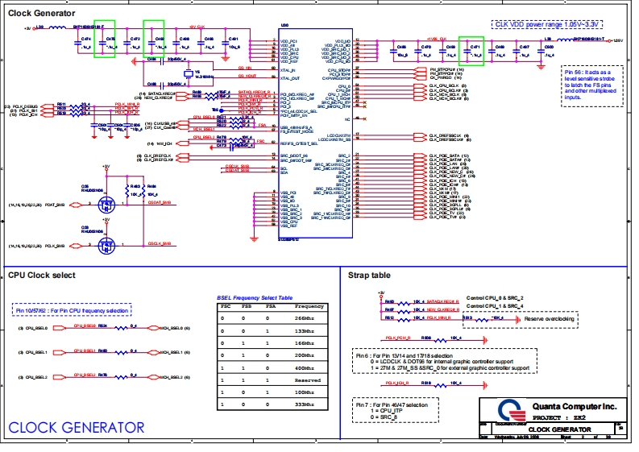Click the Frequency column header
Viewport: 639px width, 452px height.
point(309,306)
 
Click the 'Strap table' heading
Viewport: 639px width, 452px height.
point(370,276)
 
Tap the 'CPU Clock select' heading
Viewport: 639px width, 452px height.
point(42,276)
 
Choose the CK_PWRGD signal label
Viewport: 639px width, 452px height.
point(434,78)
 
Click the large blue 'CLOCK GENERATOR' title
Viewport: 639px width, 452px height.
point(77,426)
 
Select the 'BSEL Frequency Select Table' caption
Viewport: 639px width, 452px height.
point(255,297)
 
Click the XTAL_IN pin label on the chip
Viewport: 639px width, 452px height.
point(288,70)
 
